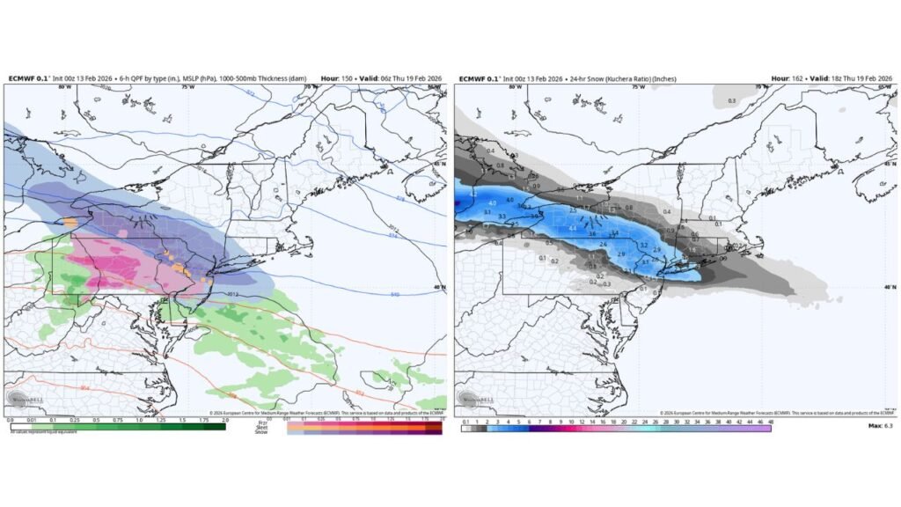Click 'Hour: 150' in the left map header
tap(339, 78)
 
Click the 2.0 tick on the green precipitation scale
tap(224, 421)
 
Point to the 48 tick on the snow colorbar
tap(771, 422)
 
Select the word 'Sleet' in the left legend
tap(261, 428)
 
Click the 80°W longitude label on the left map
tap(63, 87)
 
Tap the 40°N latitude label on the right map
tap(890, 287)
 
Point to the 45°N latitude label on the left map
tap(440, 163)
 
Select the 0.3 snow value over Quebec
tap(732, 101)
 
